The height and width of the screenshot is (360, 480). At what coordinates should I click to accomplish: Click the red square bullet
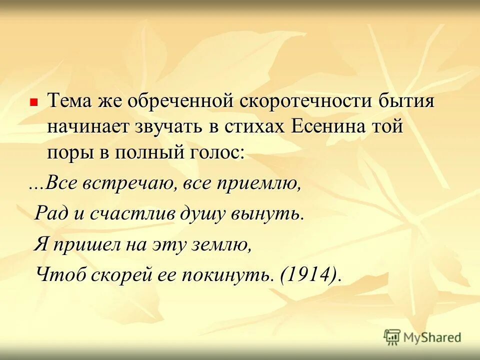[34, 101]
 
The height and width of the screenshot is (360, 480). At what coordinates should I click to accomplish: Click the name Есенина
[330, 127]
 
